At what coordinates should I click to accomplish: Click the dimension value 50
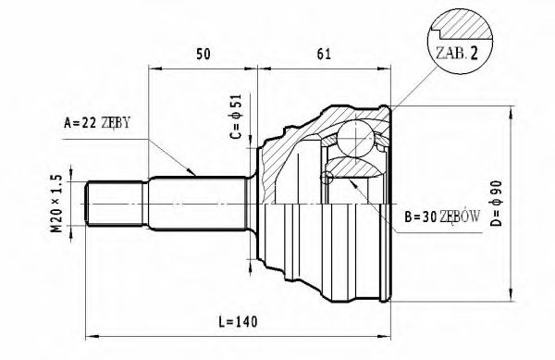click(203, 55)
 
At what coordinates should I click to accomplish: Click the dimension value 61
click(324, 55)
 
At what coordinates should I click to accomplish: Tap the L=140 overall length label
click(238, 322)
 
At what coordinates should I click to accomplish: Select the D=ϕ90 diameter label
click(497, 204)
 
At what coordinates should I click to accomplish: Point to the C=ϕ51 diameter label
click(236, 117)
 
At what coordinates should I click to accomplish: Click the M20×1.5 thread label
click(56, 204)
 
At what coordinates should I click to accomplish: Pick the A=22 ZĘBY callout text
click(97, 122)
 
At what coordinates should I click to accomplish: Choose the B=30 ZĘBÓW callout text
click(442, 217)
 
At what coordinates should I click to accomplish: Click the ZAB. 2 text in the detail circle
click(457, 53)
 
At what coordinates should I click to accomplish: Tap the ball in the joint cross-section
click(355, 138)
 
